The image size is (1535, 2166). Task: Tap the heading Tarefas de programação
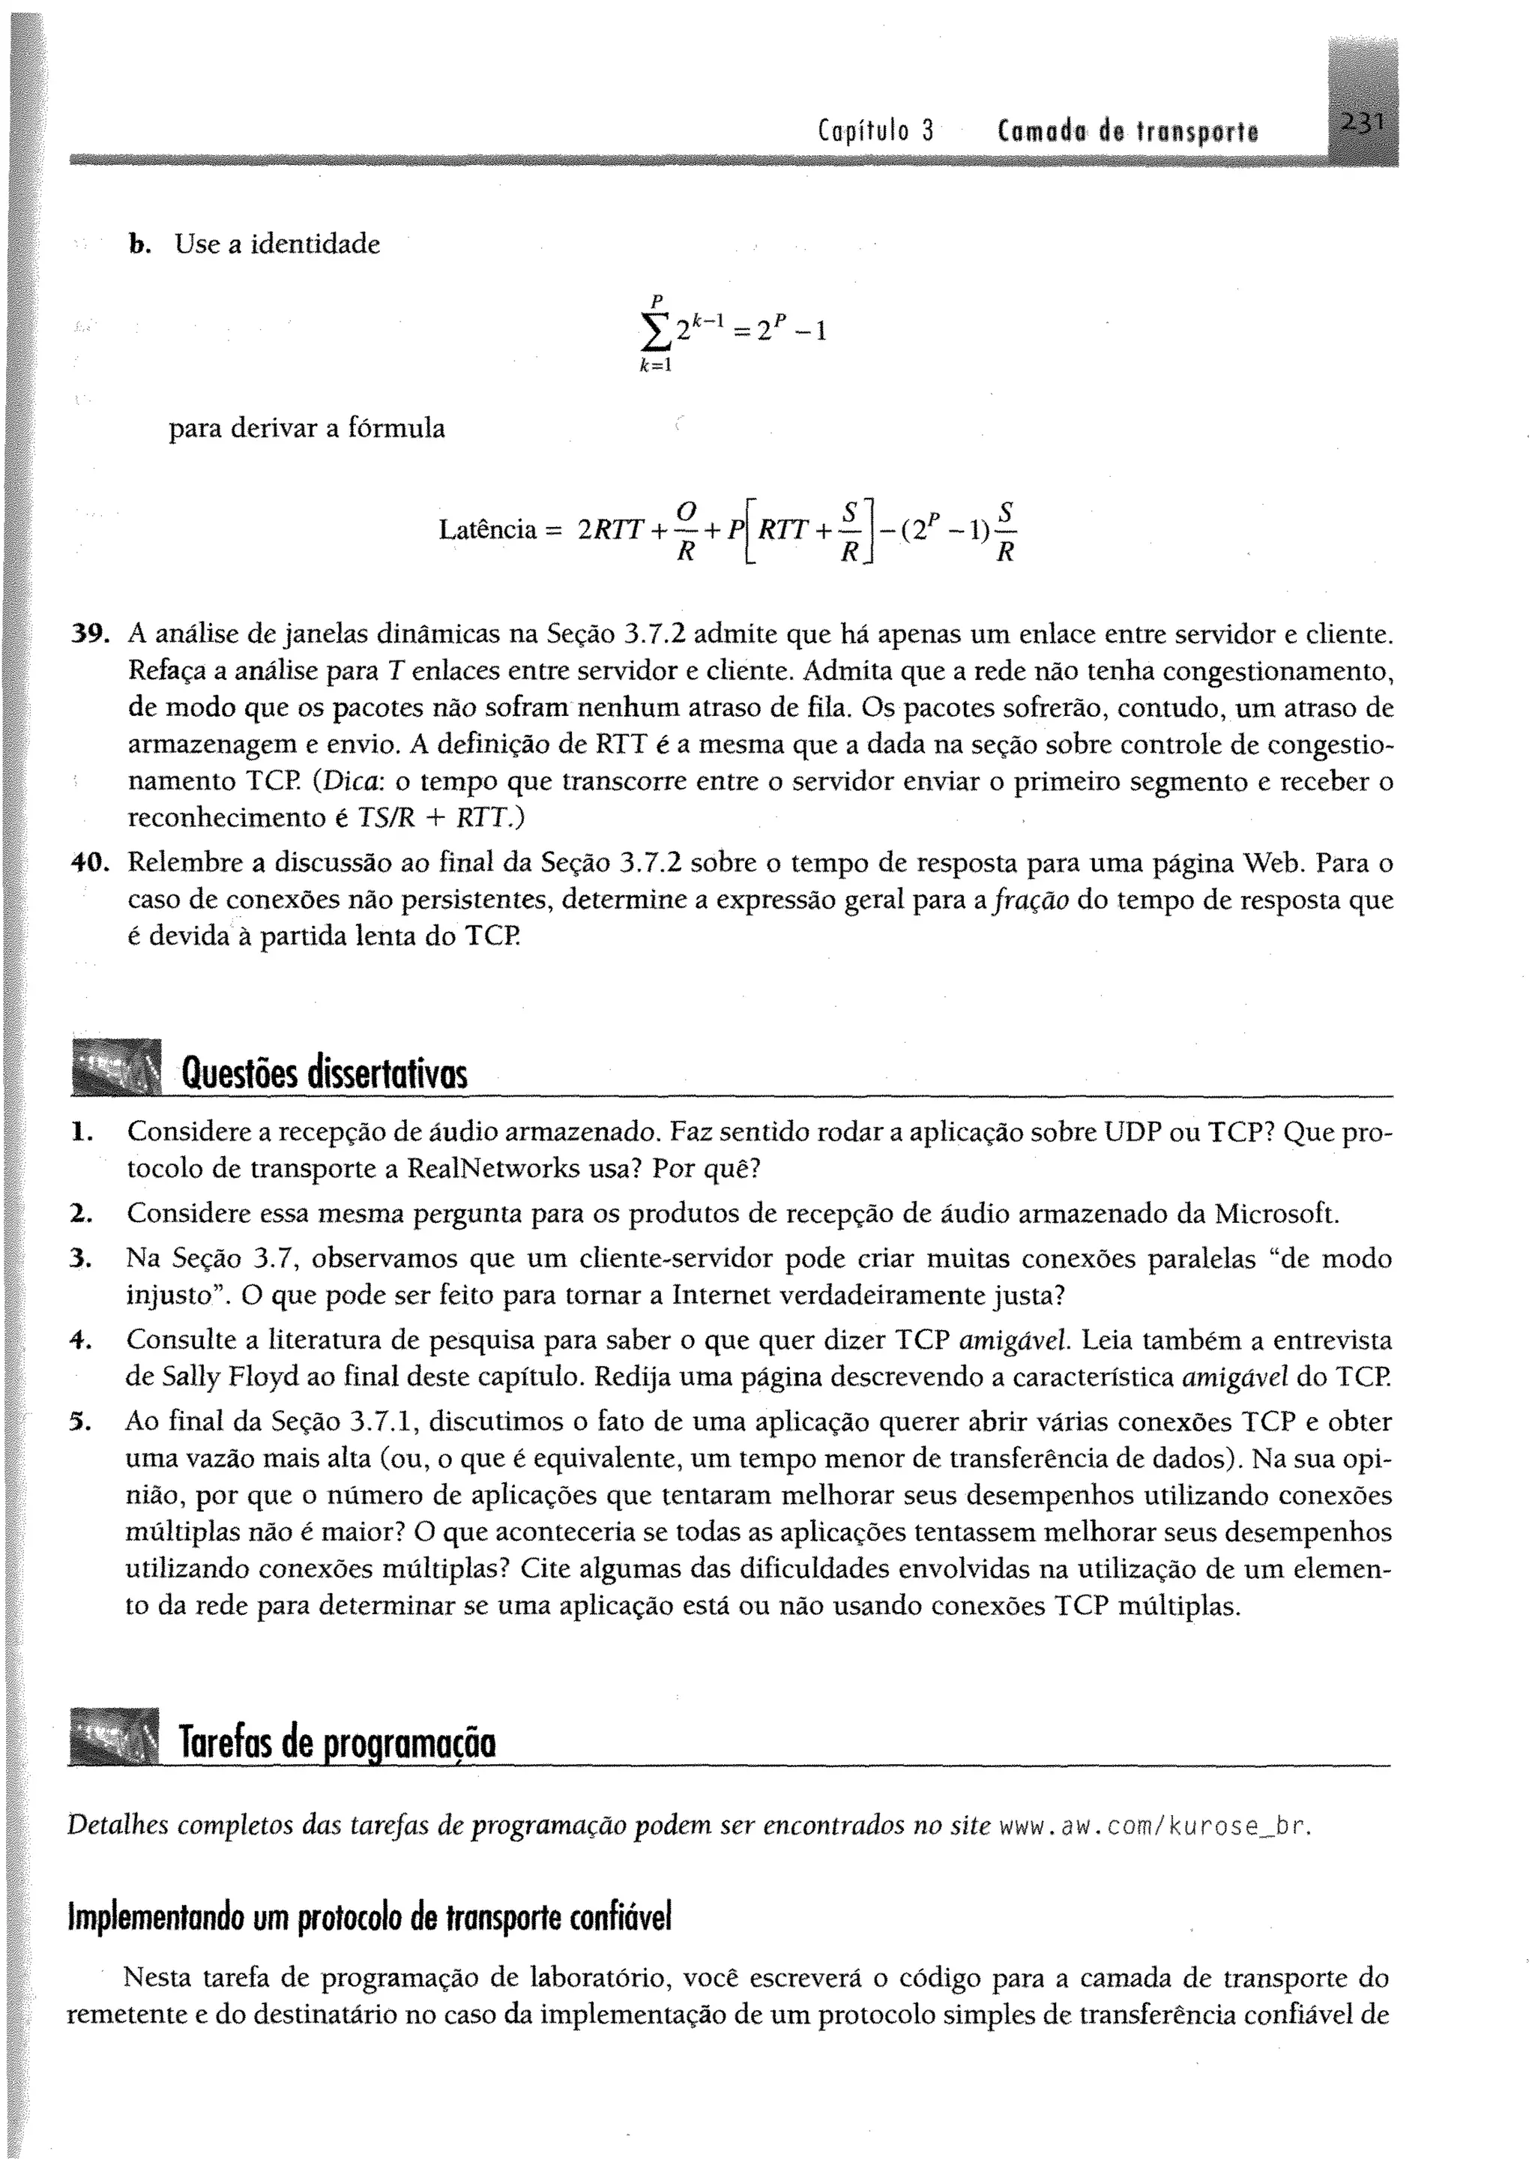(x=338, y=1742)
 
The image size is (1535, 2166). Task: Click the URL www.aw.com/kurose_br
(x=1156, y=1825)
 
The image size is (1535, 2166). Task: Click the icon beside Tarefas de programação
(x=116, y=1736)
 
